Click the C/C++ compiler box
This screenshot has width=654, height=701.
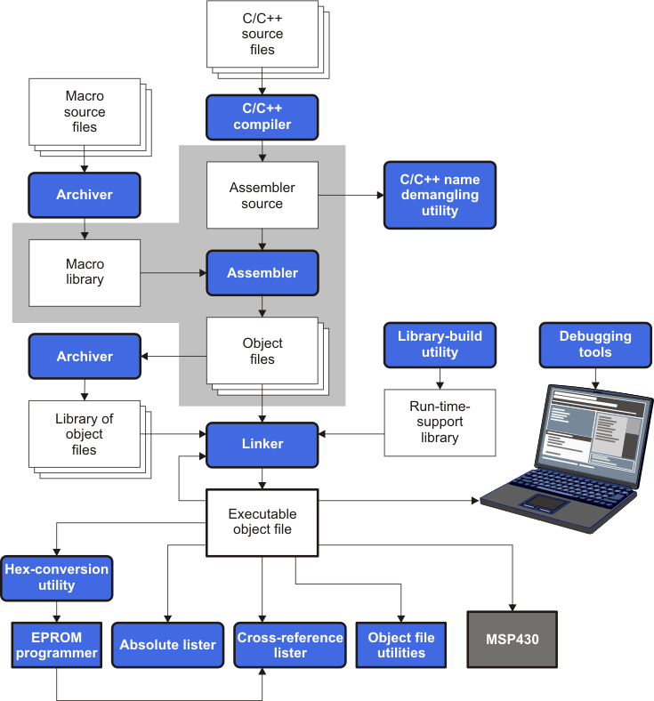262,117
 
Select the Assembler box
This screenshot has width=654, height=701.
262,273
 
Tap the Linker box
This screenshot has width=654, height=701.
262,444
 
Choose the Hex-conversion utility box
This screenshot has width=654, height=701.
57,577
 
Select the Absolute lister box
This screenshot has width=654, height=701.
167,645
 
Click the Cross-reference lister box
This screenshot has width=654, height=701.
290,645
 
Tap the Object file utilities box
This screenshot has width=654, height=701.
401,645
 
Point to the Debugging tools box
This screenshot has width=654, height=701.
595,345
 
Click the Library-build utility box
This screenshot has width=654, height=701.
440,345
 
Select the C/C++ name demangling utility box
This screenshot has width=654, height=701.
440,195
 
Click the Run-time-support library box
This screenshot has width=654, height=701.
440,423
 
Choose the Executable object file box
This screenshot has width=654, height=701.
262,521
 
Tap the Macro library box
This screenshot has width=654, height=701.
85,272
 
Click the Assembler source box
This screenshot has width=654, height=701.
262,195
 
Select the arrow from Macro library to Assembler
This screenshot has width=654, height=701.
173,273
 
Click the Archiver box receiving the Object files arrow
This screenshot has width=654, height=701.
85,356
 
